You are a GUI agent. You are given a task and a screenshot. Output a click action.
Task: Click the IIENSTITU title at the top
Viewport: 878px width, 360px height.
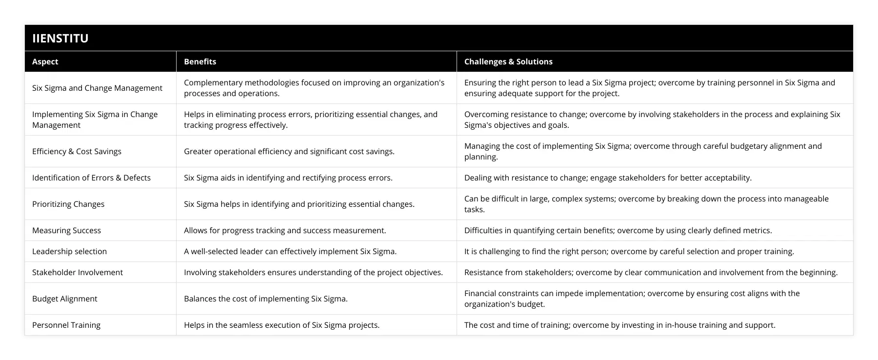tap(60, 38)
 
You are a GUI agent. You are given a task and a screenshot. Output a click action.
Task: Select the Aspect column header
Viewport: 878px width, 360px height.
tap(45, 61)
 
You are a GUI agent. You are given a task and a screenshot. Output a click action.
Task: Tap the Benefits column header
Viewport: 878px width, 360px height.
tap(200, 61)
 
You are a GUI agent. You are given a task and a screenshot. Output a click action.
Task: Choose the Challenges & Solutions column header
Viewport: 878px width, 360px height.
tap(508, 61)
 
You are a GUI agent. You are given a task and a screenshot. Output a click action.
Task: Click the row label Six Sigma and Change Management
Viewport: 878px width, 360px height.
tap(97, 88)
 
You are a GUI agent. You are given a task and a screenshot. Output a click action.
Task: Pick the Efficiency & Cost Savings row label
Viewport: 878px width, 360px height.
tap(77, 151)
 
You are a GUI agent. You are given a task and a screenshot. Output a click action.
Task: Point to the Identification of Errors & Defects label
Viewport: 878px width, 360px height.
tap(91, 178)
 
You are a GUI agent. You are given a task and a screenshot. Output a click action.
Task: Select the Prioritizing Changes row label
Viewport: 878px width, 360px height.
tap(68, 204)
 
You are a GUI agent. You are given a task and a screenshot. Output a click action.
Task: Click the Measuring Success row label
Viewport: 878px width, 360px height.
tap(66, 230)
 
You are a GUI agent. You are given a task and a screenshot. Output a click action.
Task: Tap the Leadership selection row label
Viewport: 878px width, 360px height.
tap(69, 251)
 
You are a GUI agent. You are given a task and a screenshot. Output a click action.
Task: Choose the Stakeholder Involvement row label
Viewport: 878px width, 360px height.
tap(78, 272)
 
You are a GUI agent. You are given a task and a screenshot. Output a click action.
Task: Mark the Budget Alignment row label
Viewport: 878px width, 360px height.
tap(64, 299)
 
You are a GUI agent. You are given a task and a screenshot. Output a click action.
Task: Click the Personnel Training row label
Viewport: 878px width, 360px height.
tap(66, 325)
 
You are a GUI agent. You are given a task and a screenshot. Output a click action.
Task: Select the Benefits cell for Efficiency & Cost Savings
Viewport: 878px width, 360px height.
tap(289, 151)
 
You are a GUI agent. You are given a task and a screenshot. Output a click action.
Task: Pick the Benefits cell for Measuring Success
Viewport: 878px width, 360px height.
tap(285, 230)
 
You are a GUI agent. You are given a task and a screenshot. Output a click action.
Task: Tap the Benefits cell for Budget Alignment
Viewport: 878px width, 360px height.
tap(266, 299)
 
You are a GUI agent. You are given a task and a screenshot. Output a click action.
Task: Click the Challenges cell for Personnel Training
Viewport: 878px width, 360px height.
tap(619, 325)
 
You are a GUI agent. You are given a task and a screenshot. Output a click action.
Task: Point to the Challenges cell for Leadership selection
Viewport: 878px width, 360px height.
tap(629, 251)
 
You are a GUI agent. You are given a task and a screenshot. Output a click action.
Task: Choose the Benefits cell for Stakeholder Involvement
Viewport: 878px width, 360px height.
tap(313, 272)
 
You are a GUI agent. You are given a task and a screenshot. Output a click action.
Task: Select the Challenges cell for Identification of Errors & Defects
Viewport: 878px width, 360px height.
tap(608, 178)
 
